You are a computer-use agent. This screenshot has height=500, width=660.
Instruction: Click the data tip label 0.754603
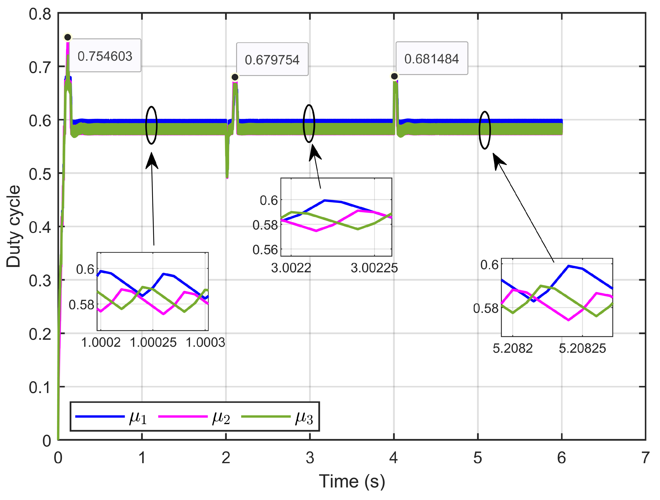pyautogui.click(x=105, y=56)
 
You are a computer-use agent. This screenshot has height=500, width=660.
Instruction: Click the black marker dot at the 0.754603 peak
pyautogui.click(x=68, y=37)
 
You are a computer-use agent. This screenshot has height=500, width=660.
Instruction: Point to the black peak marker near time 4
pyautogui.click(x=394, y=76)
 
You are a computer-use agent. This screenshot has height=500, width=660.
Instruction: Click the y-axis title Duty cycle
pyautogui.click(x=13, y=227)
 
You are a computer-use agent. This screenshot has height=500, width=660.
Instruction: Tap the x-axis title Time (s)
pyautogui.click(x=352, y=481)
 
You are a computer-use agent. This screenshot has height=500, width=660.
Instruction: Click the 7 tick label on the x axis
pyautogui.click(x=645, y=458)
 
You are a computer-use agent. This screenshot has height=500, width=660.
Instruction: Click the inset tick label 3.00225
pyautogui.click(x=374, y=268)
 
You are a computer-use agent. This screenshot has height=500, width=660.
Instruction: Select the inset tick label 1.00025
pyautogui.click(x=153, y=342)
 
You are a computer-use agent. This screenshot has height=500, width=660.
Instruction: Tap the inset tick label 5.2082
pyautogui.click(x=513, y=348)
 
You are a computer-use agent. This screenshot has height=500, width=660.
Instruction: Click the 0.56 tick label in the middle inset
pyautogui.click(x=265, y=249)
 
